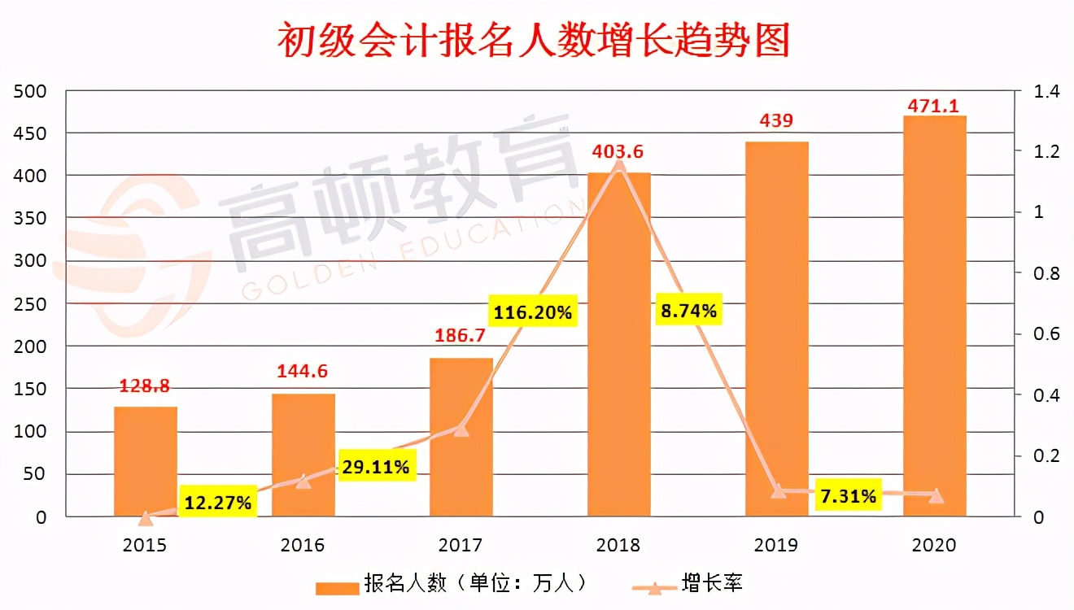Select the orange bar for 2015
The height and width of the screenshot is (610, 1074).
145,461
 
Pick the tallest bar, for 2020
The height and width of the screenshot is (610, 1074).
935,317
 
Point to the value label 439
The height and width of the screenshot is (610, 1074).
776,121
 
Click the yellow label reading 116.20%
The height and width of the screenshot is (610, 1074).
532,310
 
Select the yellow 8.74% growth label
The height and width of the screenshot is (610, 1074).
688,310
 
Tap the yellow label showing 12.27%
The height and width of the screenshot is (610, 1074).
217,503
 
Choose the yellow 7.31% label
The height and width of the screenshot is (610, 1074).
849,495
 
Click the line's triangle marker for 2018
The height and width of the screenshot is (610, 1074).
619,165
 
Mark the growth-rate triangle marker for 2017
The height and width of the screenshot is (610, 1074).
461,429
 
